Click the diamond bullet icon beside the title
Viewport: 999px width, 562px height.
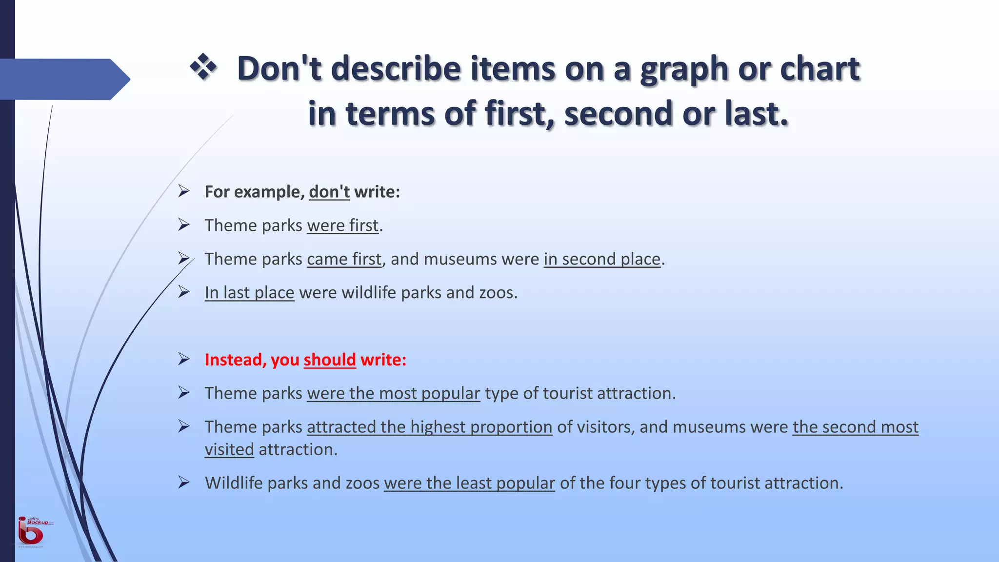(x=203, y=67)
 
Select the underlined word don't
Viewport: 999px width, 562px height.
(x=329, y=192)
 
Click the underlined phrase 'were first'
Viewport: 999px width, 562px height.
(x=342, y=225)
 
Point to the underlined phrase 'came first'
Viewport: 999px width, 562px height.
(x=344, y=259)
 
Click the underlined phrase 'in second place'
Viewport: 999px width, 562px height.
(x=602, y=259)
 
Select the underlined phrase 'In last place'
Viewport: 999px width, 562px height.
(x=249, y=293)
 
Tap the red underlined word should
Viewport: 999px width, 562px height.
(x=330, y=360)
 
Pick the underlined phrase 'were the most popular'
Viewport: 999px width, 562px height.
(x=393, y=393)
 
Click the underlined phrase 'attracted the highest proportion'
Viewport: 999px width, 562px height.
(x=429, y=427)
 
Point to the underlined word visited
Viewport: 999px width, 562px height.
(x=229, y=449)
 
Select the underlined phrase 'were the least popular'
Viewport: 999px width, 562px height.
(x=469, y=483)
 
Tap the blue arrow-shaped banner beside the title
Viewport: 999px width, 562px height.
(x=63, y=79)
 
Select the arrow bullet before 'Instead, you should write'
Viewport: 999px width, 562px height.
(x=184, y=359)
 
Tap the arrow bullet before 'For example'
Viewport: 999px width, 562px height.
(x=184, y=191)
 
